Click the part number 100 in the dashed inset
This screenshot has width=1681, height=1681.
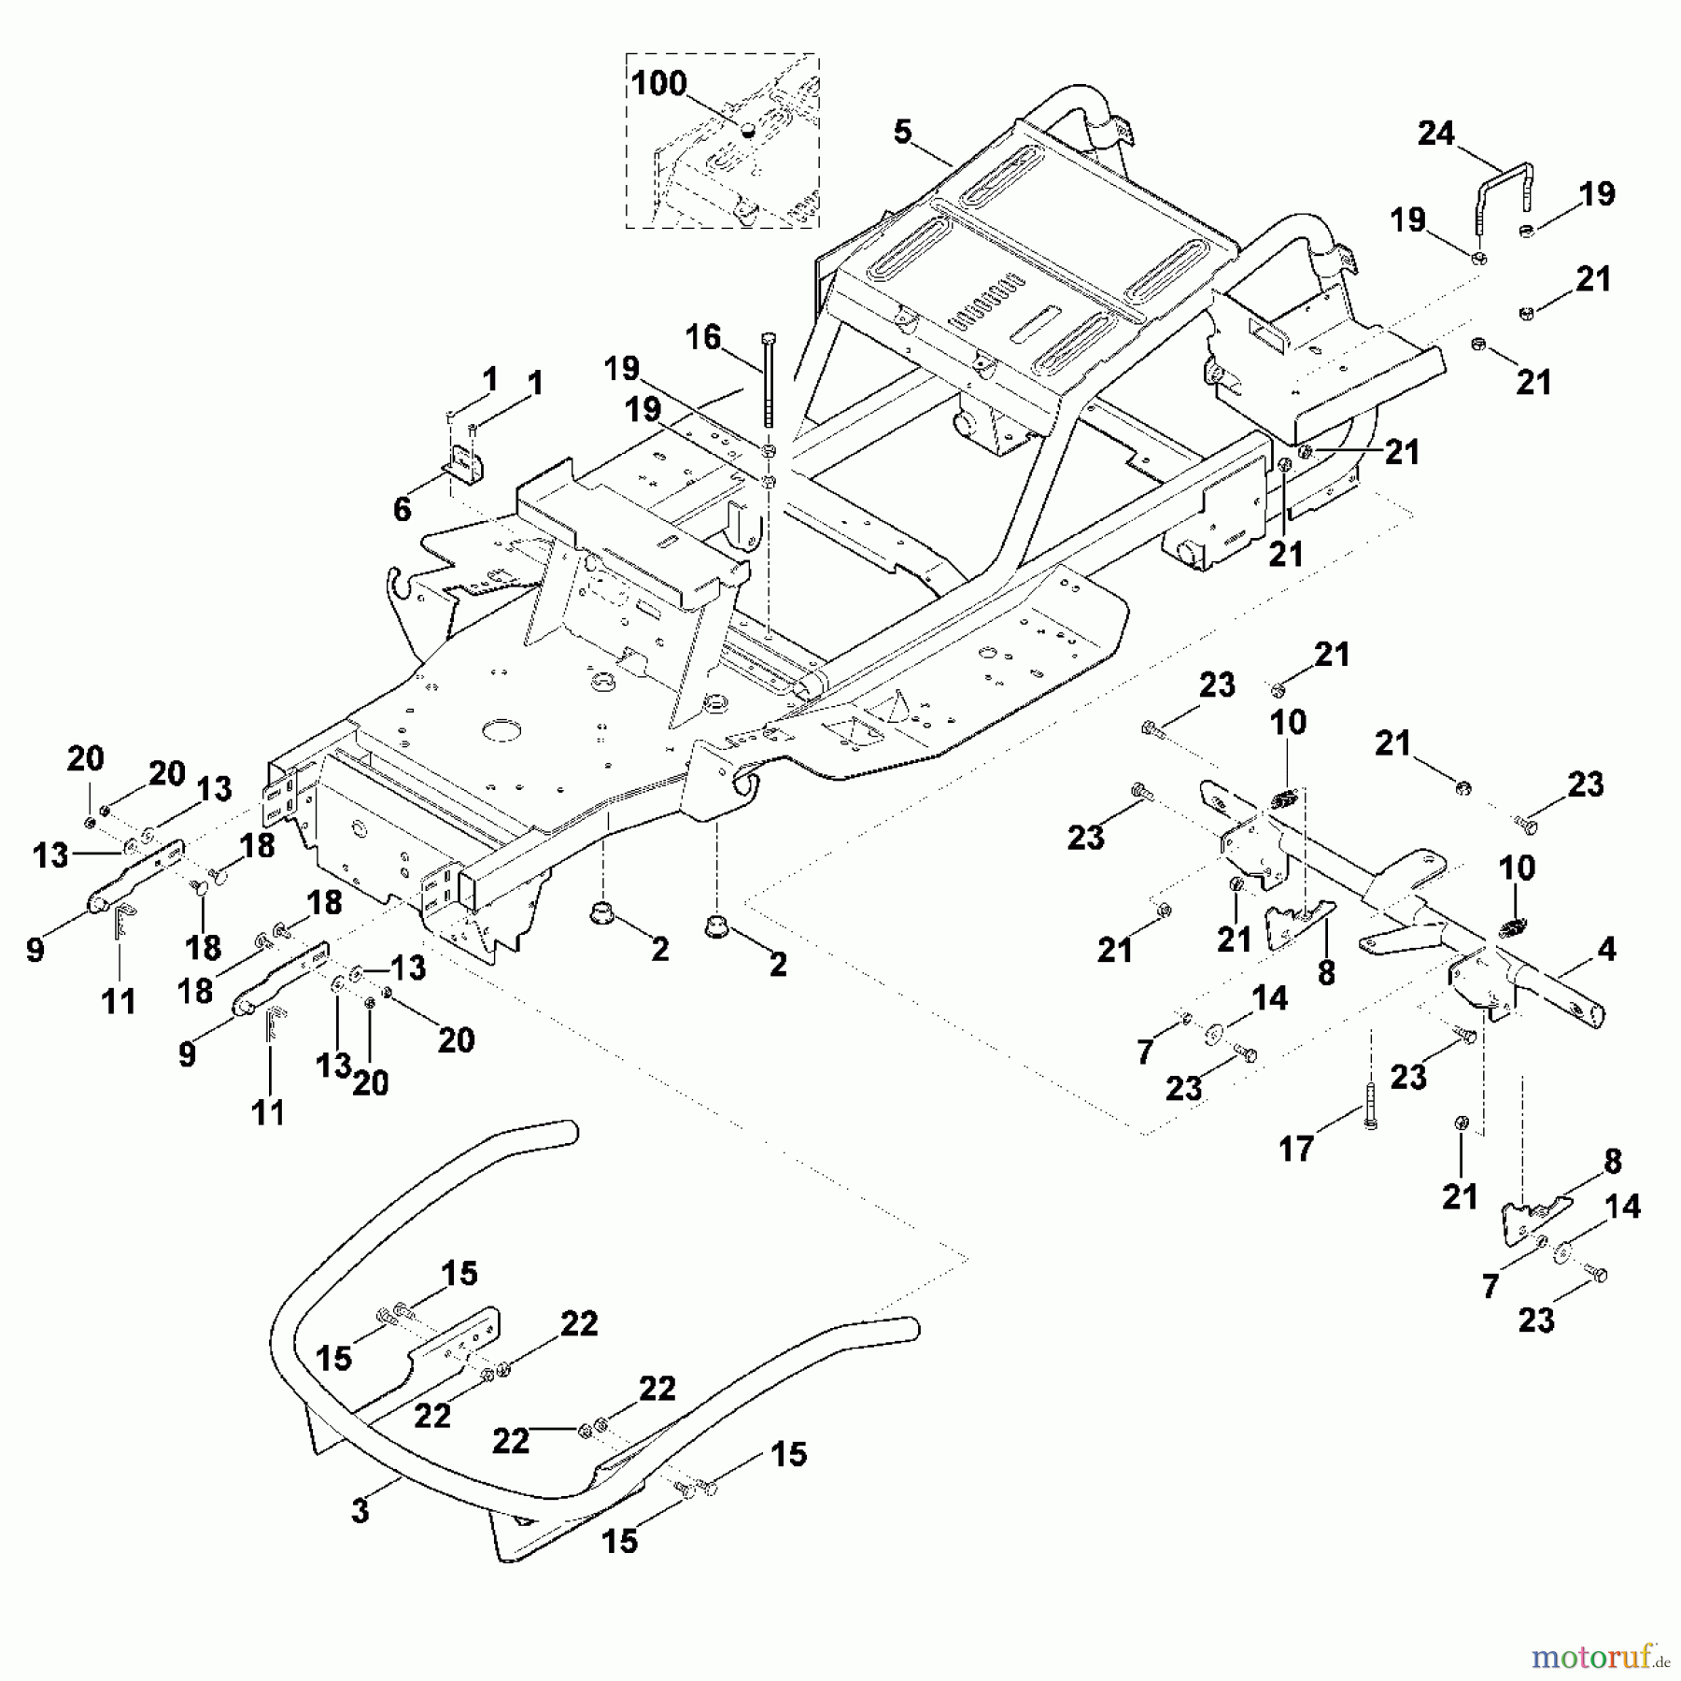tap(658, 84)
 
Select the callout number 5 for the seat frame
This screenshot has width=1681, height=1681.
tap(901, 133)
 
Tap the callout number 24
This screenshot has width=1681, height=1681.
tap(1435, 134)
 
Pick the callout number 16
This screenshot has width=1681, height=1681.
tap(703, 337)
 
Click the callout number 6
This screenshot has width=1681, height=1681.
tap(402, 509)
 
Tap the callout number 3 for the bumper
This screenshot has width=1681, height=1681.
tap(360, 1511)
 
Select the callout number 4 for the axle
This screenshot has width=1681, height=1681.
tap(1606, 951)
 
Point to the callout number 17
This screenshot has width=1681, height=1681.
tap(1296, 1149)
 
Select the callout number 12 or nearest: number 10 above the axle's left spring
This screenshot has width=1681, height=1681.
tap(1288, 722)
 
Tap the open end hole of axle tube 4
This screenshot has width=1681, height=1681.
tap(1593, 1014)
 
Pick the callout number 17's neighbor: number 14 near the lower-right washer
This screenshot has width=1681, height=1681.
tap(1622, 1207)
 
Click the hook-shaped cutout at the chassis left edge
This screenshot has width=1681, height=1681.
tap(400, 588)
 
